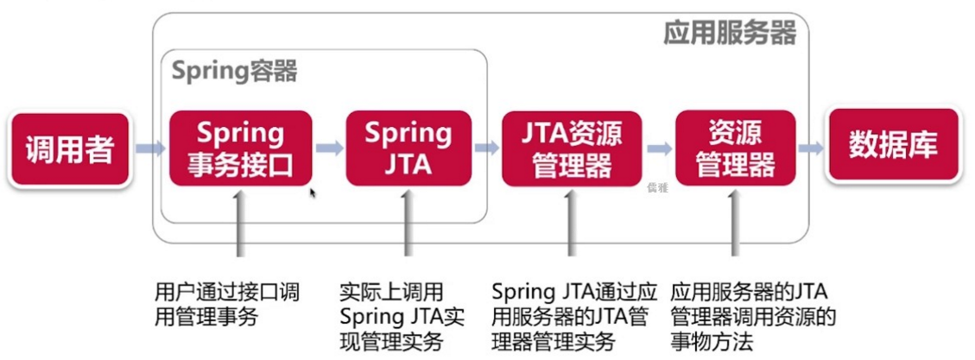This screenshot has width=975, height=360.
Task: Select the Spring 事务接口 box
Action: tap(240, 148)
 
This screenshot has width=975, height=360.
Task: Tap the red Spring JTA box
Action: tap(408, 148)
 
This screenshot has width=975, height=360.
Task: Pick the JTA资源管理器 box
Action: tap(572, 148)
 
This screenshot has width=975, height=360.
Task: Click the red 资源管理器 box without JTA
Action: tap(735, 148)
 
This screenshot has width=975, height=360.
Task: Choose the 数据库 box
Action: tap(893, 144)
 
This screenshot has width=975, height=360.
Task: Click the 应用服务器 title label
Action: tap(729, 33)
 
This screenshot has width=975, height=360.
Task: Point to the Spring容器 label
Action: tap(234, 71)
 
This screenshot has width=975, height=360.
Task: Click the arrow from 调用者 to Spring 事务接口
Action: tap(149, 149)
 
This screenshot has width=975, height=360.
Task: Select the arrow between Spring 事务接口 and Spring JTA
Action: tap(329, 148)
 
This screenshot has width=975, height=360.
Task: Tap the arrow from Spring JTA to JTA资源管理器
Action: tap(486, 148)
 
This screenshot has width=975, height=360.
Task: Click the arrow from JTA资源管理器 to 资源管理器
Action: tap(659, 148)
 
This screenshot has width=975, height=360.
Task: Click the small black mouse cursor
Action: tap(313, 193)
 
